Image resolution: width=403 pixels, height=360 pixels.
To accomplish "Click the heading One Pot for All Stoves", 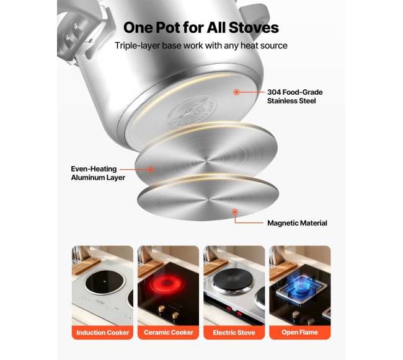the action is tap(201, 27).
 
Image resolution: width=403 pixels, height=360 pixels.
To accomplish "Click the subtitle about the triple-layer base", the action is tap(201, 45).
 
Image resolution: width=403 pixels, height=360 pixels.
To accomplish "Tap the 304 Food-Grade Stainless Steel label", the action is tap(294, 96).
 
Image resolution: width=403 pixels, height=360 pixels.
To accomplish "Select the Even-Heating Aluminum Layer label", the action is tap(98, 173).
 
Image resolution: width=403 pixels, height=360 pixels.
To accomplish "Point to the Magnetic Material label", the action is tap(297, 223).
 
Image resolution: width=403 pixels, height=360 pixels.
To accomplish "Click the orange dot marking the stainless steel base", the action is tap(236, 92).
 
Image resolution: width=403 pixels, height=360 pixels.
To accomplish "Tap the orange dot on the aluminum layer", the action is tap(151, 170).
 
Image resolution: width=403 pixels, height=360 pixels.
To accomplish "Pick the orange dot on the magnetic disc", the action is tap(234, 212).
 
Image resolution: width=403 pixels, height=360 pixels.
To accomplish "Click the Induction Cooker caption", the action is tap(102, 333).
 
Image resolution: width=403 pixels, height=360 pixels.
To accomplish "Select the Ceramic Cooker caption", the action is tap(169, 333).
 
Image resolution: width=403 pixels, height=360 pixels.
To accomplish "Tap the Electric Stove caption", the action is tap(234, 333).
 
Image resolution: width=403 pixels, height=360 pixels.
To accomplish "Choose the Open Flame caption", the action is tap(299, 332).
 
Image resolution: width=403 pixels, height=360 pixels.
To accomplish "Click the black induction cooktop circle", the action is tap(105, 282).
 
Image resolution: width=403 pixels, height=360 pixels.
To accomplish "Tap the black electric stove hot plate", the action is tap(232, 279).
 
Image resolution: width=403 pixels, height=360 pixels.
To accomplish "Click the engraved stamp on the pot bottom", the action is tap(192, 111).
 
